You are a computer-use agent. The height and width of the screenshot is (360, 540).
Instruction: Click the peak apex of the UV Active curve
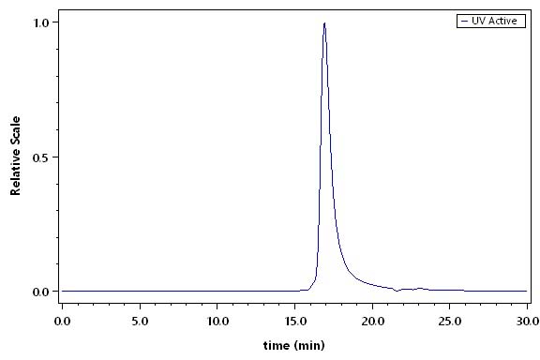coord(324,23)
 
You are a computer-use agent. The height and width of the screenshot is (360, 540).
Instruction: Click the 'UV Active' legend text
coord(494,21)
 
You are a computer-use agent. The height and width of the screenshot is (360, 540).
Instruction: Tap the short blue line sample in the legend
coord(465,21)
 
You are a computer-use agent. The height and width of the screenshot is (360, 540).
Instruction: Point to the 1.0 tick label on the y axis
coord(41,22)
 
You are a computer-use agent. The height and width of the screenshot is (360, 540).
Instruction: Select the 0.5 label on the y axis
coord(41,157)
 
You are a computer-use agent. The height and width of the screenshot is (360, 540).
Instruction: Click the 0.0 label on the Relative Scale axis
coord(41,292)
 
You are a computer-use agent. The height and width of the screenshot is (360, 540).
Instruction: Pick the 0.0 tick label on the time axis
coord(62,322)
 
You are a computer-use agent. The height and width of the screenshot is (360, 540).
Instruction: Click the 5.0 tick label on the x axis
coord(140,322)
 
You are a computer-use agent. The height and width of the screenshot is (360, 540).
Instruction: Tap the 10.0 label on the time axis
coord(217,322)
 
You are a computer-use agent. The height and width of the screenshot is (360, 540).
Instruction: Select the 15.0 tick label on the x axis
coord(295,322)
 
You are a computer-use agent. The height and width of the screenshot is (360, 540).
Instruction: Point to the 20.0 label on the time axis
coord(372,322)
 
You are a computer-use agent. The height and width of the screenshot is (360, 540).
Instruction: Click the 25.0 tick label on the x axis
coord(450,322)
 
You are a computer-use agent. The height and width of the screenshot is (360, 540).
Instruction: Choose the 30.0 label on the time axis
coord(528,322)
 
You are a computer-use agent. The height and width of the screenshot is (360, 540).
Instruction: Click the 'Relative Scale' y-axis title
coord(16,156)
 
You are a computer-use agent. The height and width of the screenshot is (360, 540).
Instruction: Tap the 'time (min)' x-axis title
coord(294,345)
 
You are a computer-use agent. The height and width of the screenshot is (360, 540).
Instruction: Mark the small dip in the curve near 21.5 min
coord(397,292)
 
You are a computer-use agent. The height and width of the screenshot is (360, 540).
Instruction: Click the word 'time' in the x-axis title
coord(277,345)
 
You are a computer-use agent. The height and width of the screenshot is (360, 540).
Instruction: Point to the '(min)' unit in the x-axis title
coord(309,346)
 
